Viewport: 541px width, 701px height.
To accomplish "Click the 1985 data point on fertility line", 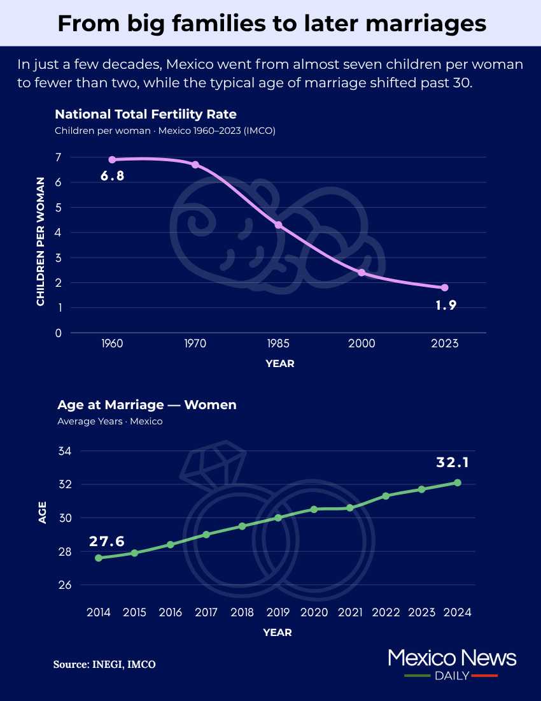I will [x=278, y=225].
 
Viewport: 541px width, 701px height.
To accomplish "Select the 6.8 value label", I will [x=112, y=176].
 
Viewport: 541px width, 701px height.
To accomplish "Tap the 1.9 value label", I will [x=446, y=305].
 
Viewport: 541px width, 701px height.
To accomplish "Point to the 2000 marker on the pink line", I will [x=362, y=273].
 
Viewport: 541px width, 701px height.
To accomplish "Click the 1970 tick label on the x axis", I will [x=195, y=343].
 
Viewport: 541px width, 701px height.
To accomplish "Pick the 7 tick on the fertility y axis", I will [x=58, y=157].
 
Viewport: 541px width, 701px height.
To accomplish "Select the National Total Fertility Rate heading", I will [x=146, y=115].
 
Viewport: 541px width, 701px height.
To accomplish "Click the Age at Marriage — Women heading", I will [x=147, y=405].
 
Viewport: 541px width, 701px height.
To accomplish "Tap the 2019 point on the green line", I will [x=278, y=517].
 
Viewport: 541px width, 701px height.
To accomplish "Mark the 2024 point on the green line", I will [x=457, y=482].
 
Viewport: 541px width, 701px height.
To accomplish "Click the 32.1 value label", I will [x=453, y=463].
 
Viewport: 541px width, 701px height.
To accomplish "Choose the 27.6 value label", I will [x=106, y=542].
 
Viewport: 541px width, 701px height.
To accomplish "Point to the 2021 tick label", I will [x=349, y=612].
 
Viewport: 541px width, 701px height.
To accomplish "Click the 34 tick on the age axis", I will [x=65, y=451].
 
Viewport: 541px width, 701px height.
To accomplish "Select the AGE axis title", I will [x=43, y=513].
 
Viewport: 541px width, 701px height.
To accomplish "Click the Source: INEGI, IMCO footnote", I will [x=104, y=664].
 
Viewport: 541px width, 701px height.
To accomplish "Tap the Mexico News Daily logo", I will [x=451, y=664].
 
